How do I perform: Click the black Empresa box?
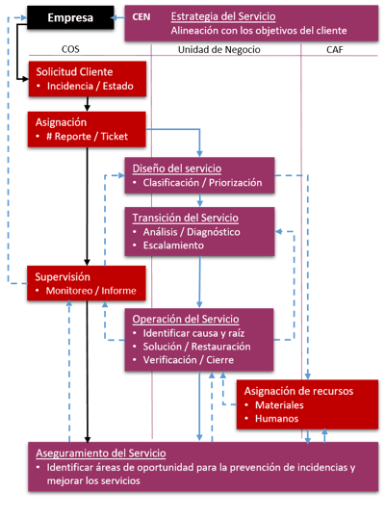(70, 17)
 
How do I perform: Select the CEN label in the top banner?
(141, 16)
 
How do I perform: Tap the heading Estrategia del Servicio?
(223, 16)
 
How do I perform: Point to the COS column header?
(70, 49)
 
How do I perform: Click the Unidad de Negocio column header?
(219, 49)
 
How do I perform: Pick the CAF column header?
(335, 49)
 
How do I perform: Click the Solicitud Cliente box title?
(74, 71)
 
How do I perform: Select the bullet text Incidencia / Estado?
(90, 86)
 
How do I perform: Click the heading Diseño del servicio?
(177, 168)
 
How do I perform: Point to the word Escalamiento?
(173, 246)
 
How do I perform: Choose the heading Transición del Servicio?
(185, 218)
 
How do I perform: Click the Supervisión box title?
(63, 276)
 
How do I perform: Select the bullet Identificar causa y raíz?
(193, 333)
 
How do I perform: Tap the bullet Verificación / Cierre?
(189, 360)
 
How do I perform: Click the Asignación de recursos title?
(298, 391)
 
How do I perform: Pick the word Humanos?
(276, 419)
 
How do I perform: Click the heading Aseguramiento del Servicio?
(101, 453)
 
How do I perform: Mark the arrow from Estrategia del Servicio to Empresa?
(117, 17)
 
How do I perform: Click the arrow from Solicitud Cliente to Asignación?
(87, 104)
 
